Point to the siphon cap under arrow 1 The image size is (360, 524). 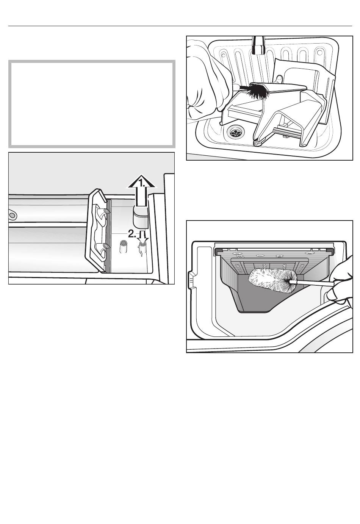coord(141,217)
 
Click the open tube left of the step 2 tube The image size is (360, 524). coord(123,246)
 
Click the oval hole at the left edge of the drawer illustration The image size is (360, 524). coord(12,215)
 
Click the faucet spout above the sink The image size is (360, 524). coord(258,45)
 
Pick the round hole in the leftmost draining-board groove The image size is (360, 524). coord(223,55)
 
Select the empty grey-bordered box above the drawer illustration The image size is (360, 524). coord(92,104)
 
